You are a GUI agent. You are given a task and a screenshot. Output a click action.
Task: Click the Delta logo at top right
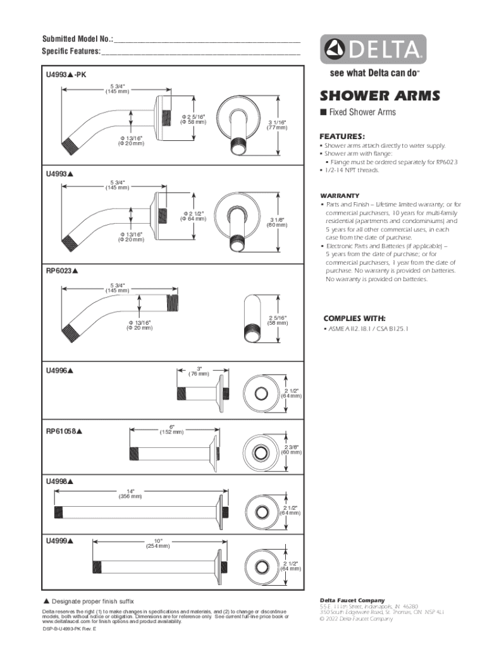(373, 49)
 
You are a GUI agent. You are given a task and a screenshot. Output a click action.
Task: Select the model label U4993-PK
(66, 75)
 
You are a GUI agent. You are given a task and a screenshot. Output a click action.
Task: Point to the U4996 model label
(59, 370)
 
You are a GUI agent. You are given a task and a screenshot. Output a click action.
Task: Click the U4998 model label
(59, 481)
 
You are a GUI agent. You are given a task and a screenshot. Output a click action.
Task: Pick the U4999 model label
(59, 541)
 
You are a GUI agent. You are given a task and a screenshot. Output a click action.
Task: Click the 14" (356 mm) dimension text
(131, 493)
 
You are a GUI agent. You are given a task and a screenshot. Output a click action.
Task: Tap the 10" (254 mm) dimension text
(158, 543)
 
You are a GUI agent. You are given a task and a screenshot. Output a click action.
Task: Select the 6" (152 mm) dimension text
(171, 430)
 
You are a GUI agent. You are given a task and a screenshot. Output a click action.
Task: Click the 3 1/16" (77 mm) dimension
(277, 124)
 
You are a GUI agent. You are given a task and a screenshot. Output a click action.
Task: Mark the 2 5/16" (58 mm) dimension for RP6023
(277, 320)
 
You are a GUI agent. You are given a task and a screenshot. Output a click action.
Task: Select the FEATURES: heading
(342, 136)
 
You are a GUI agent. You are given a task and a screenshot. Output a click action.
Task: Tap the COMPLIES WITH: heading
(354, 318)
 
